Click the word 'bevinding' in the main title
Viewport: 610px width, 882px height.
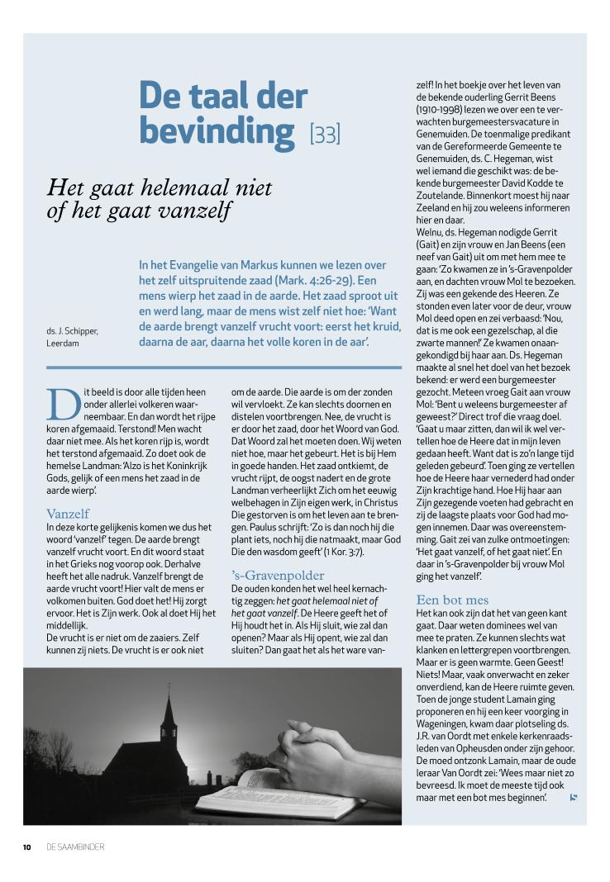coord(217,131)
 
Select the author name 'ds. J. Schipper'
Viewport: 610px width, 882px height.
coord(72,330)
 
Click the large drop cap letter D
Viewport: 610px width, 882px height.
coord(63,402)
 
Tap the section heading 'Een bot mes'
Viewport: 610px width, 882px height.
coord(452,600)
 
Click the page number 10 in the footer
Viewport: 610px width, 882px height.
coord(27,846)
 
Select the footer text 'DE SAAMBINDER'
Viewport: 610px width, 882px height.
coord(76,846)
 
